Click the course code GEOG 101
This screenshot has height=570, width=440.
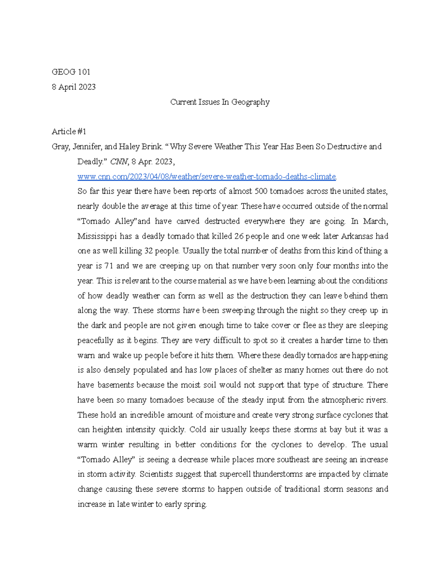(x=71, y=72)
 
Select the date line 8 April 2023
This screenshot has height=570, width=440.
(x=74, y=87)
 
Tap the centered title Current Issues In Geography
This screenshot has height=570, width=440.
(x=220, y=102)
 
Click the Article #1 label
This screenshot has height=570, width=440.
(x=69, y=131)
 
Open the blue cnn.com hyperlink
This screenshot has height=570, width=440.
(x=207, y=177)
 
